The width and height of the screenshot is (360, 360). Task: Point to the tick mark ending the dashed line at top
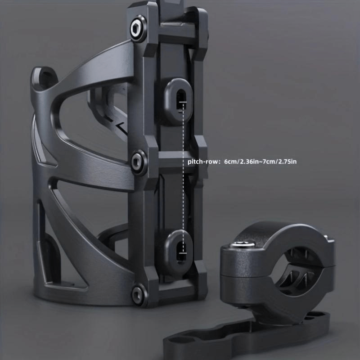point(183,103)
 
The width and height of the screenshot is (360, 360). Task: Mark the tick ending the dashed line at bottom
point(183,260)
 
